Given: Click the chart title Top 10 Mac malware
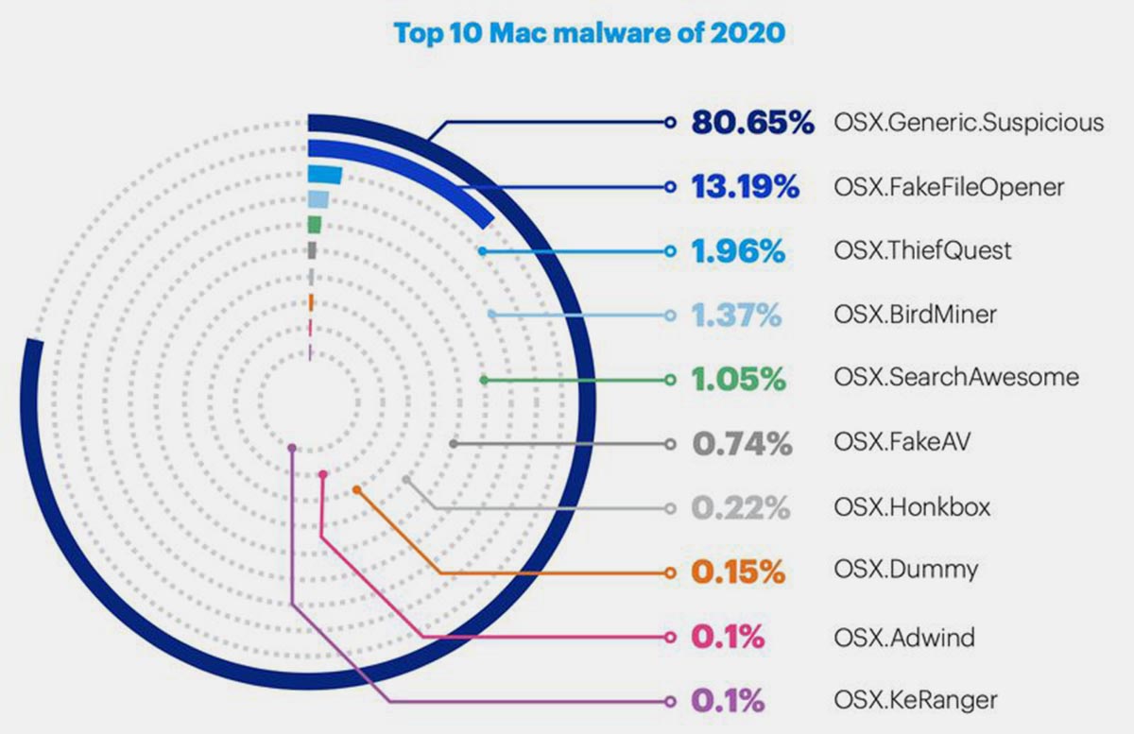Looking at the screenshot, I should point(589,34).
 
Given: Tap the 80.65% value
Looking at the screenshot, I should point(751,123).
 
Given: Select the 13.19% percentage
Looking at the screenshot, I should point(746,187).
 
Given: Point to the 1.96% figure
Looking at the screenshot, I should point(738,251).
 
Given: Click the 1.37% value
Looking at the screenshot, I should point(737,315).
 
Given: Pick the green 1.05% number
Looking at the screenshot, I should point(738,379).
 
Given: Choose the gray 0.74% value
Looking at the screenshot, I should point(742,443).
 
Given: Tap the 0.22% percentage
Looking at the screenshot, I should point(740,507).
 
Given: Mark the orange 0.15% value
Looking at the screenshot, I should point(738,572).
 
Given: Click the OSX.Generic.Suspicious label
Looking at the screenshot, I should point(969,123).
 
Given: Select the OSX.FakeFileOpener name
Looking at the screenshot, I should point(949,187).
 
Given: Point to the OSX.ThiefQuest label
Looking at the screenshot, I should point(922,251).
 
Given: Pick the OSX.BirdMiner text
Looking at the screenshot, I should point(915,315).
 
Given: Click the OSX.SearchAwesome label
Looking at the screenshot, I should point(956,379).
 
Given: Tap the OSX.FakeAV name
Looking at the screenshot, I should point(902,443).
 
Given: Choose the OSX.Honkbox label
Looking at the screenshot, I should point(912,507).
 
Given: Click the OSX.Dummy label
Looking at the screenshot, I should point(905,572).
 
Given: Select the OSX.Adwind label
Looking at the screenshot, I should point(904,638).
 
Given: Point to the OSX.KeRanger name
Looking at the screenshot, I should point(916,701).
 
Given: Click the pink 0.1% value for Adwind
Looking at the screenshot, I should point(729,638).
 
